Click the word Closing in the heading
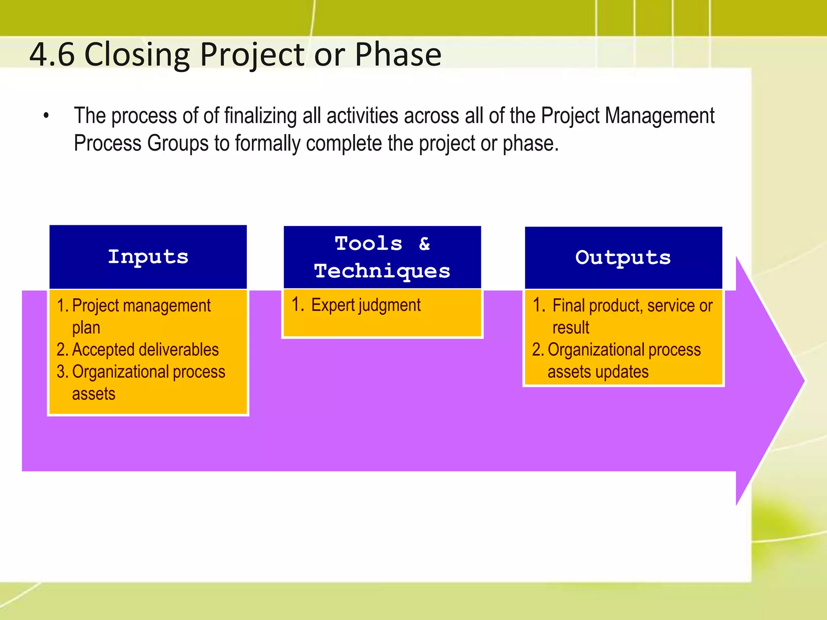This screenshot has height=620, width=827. click(137, 55)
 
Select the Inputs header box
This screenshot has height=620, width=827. click(148, 257)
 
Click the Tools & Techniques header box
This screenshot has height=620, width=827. click(382, 257)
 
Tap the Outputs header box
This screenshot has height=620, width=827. click(623, 258)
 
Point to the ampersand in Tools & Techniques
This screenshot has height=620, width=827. click(424, 244)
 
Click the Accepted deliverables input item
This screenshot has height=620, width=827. click(145, 350)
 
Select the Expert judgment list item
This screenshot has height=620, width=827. click(365, 305)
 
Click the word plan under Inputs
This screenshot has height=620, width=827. click(86, 328)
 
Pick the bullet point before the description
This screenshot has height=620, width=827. click(46, 116)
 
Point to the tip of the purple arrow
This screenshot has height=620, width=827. click(803, 380)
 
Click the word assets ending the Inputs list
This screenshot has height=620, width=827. click(94, 394)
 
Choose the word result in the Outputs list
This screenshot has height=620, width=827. click(571, 327)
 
